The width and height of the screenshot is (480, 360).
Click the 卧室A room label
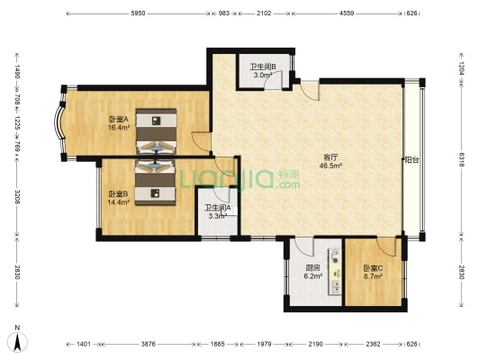coord(119,119)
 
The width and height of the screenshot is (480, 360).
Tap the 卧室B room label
coord(119,193)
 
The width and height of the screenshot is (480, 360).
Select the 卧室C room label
coord(373,268)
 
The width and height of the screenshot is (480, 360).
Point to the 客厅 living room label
coord(331,157)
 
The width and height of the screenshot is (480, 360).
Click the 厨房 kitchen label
coord(312,268)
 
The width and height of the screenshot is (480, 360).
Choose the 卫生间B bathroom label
coord(263,67)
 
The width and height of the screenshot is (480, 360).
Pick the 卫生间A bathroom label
coord(218,208)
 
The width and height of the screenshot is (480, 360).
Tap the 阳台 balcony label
coord(412,160)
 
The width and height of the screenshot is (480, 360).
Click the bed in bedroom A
coord(156,131)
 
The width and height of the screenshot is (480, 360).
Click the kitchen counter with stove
coord(335,272)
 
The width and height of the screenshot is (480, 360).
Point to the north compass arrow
coord(18,341)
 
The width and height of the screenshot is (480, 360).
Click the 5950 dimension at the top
coord(138,13)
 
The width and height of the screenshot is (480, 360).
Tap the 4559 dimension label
coord(347,13)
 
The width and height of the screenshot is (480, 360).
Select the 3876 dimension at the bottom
coord(149,344)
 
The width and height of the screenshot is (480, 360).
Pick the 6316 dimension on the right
coord(462,159)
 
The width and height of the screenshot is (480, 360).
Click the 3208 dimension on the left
coord(17,197)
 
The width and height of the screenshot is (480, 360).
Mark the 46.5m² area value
coord(331,166)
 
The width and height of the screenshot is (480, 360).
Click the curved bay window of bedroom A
coord(60,123)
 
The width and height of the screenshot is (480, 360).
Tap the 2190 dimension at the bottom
coord(315,344)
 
